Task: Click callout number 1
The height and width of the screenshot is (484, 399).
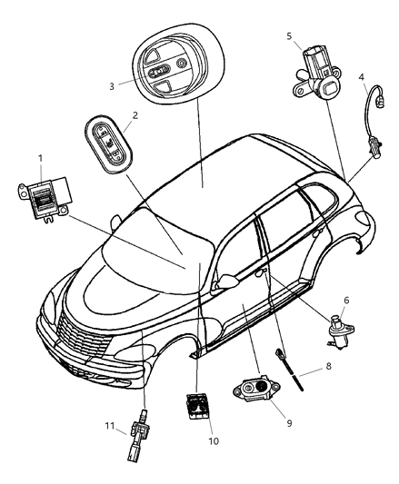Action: [x=41, y=159]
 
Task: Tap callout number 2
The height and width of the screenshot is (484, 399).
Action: [x=135, y=115]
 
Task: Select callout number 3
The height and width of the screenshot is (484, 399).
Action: [x=112, y=86]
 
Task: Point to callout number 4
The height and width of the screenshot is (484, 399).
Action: [x=362, y=77]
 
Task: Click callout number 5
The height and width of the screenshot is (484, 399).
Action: [x=289, y=36]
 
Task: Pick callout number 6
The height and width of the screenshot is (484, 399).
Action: [x=346, y=300]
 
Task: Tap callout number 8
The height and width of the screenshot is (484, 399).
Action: [x=328, y=366]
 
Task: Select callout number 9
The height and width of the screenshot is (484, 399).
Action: [x=289, y=423]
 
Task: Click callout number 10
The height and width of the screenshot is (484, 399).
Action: [x=214, y=441]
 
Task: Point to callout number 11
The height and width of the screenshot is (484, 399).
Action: [x=110, y=426]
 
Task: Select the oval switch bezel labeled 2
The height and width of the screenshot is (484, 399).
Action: [x=108, y=143]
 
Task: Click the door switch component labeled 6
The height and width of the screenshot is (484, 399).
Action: [x=339, y=331]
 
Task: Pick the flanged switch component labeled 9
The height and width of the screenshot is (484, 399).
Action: [x=256, y=389]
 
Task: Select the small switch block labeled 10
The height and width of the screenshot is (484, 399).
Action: [x=198, y=406]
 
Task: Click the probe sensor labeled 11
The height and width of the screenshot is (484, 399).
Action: [x=137, y=435]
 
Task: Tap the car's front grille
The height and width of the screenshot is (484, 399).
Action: [x=83, y=337]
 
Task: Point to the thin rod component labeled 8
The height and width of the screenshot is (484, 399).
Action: [x=289, y=370]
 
